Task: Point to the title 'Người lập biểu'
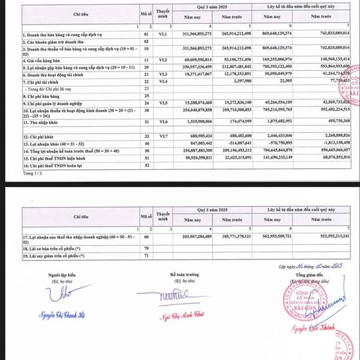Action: [64, 274]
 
